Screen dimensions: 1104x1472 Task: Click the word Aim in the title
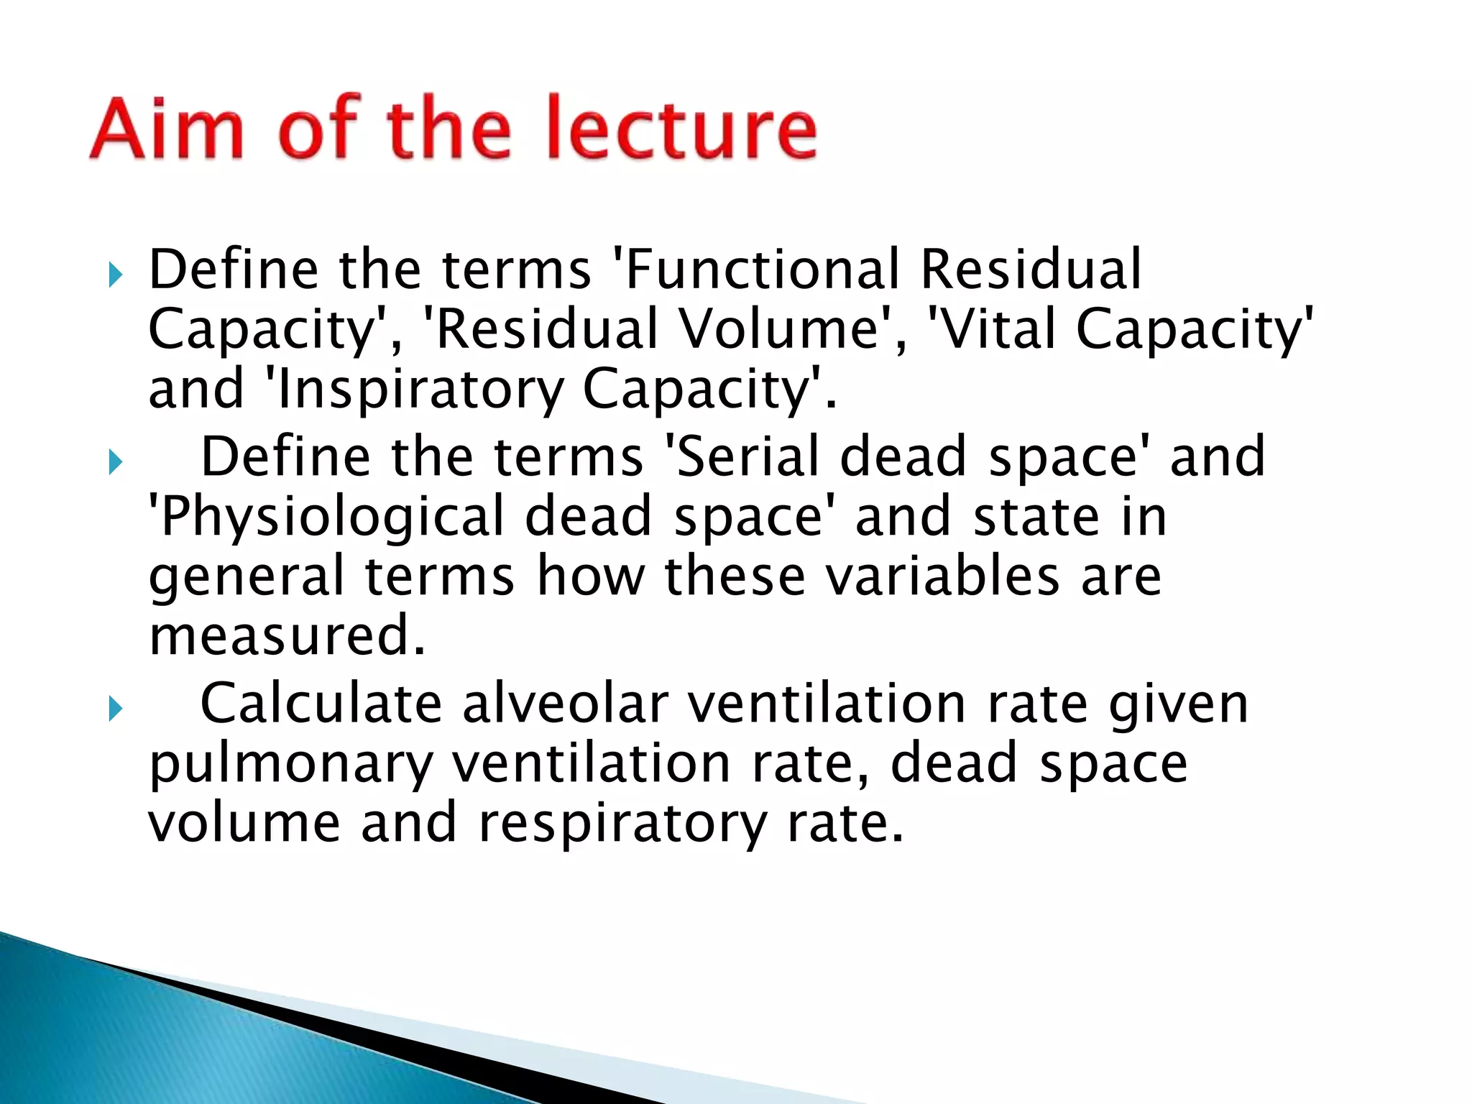pos(167,128)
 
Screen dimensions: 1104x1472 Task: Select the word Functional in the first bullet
pos(763,270)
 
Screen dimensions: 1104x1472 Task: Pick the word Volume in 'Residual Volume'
pos(779,329)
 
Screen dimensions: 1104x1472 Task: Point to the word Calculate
pos(321,704)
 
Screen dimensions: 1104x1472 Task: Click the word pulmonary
pos(291,765)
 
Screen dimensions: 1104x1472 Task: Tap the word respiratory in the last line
pos(622,824)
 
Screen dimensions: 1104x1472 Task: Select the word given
pos(1179,705)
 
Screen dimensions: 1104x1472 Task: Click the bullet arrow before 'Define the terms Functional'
pos(115,274)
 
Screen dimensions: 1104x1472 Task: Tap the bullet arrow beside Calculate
pos(115,709)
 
